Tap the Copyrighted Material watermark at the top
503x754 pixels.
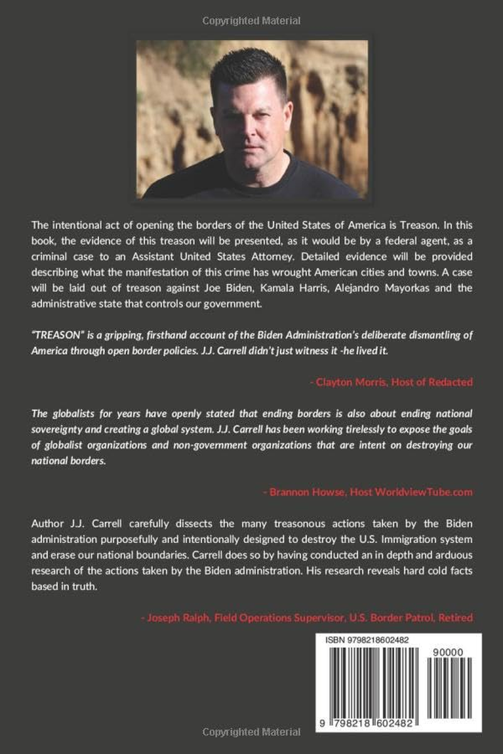pos(251,21)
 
